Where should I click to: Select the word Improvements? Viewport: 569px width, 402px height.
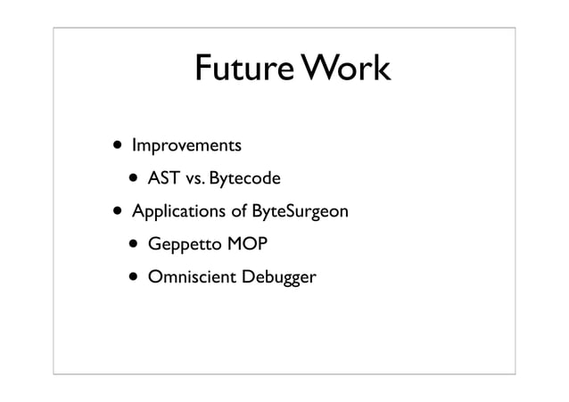click(x=186, y=144)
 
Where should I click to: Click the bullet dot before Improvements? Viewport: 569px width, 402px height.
click(x=116, y=144)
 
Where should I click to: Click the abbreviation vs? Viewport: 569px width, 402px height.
click(x=194, y=178)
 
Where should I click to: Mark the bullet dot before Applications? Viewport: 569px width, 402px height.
click(x=116, y=212)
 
